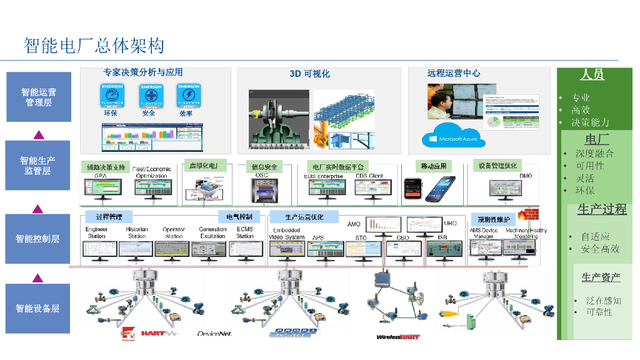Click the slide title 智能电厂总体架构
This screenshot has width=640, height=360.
click(94, 46)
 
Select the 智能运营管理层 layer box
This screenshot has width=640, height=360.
click(38, 97)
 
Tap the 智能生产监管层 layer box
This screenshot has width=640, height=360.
click(37, 165)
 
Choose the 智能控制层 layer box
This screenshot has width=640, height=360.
click(37, 239)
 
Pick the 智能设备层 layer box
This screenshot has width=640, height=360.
click(37, 308)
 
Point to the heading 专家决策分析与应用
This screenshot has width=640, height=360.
click(143, 72)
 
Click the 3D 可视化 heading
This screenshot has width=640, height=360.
click(309, 74)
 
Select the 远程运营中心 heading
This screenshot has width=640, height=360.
click(454, 73)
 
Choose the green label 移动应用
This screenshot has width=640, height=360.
click(434, 166)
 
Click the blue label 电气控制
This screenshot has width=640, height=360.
click(239, 217)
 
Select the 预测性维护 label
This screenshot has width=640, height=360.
click(494, 219)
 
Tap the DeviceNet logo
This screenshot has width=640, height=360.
click(214, 334)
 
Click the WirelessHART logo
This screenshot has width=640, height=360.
click(397, 336)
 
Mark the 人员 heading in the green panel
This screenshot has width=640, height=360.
click(592, 75)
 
